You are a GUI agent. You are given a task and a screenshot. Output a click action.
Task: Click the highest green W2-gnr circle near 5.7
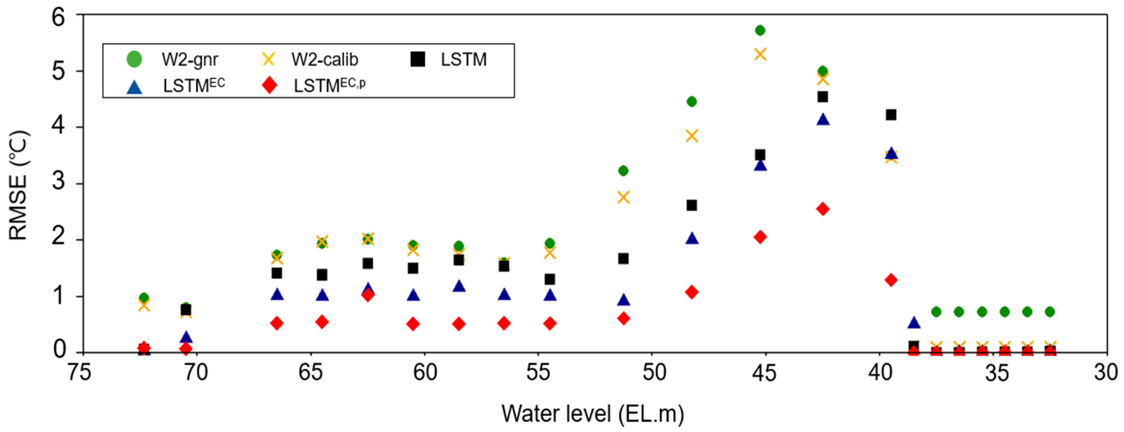coord(760,30)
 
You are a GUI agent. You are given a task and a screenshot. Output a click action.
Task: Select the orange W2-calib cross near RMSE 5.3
coord(760,55)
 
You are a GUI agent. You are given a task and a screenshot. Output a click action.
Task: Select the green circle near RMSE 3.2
coord(623,170)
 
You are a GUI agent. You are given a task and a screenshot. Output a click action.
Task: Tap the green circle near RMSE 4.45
coord(691,102)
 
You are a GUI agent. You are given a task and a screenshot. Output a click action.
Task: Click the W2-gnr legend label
coord(190,59)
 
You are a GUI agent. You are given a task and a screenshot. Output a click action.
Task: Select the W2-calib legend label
coord(325,59)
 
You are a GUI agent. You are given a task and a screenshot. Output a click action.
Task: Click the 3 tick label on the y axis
coord(59,182)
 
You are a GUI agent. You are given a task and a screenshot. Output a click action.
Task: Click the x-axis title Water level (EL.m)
coord(593,413)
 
